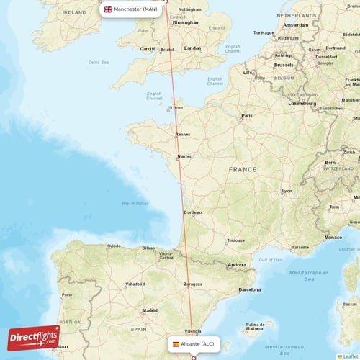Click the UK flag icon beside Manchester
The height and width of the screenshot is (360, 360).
(108, 9)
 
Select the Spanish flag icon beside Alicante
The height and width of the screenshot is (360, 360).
(176, 344)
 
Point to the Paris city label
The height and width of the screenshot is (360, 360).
(248, 115)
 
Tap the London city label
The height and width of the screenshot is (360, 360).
(192, 48)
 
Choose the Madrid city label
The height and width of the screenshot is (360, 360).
(150, 310)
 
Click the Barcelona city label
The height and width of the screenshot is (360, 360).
(249, 289)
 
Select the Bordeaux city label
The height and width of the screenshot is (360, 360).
(193, 212)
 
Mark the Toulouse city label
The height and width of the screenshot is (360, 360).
(235, 240)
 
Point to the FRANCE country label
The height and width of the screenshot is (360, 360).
(242, 169)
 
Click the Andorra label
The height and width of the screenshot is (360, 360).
(237, 265)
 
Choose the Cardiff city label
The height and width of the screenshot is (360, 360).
(148, 49)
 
